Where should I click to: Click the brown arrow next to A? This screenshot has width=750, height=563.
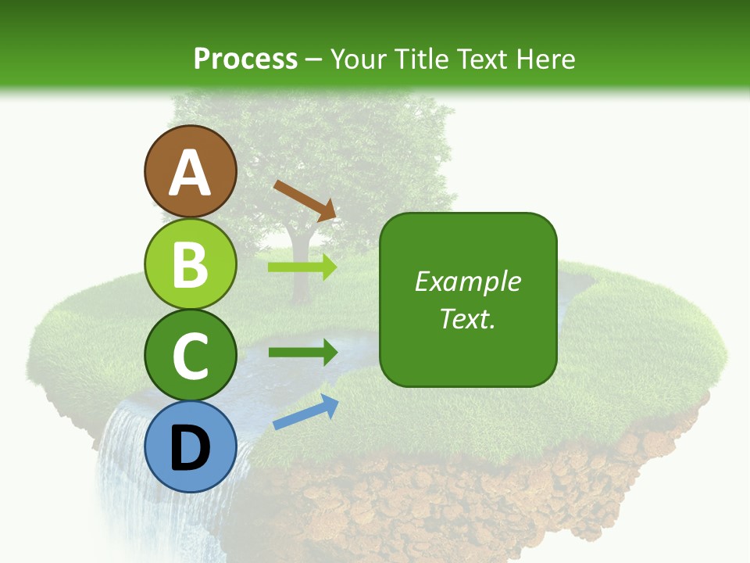pos(305,199)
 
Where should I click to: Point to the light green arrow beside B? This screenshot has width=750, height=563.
pos(302,267)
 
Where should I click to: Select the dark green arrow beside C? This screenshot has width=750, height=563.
pos(302,352)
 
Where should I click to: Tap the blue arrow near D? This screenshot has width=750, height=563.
pos(305,413)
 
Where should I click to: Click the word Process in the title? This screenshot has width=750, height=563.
pos(245,59)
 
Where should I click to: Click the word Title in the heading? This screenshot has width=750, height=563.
pos(421,59)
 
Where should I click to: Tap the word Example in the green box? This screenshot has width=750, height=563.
pos(467,281)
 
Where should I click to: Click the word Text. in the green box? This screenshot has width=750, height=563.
pos(467,319)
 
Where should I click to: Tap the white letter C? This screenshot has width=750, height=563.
pos(190,356)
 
